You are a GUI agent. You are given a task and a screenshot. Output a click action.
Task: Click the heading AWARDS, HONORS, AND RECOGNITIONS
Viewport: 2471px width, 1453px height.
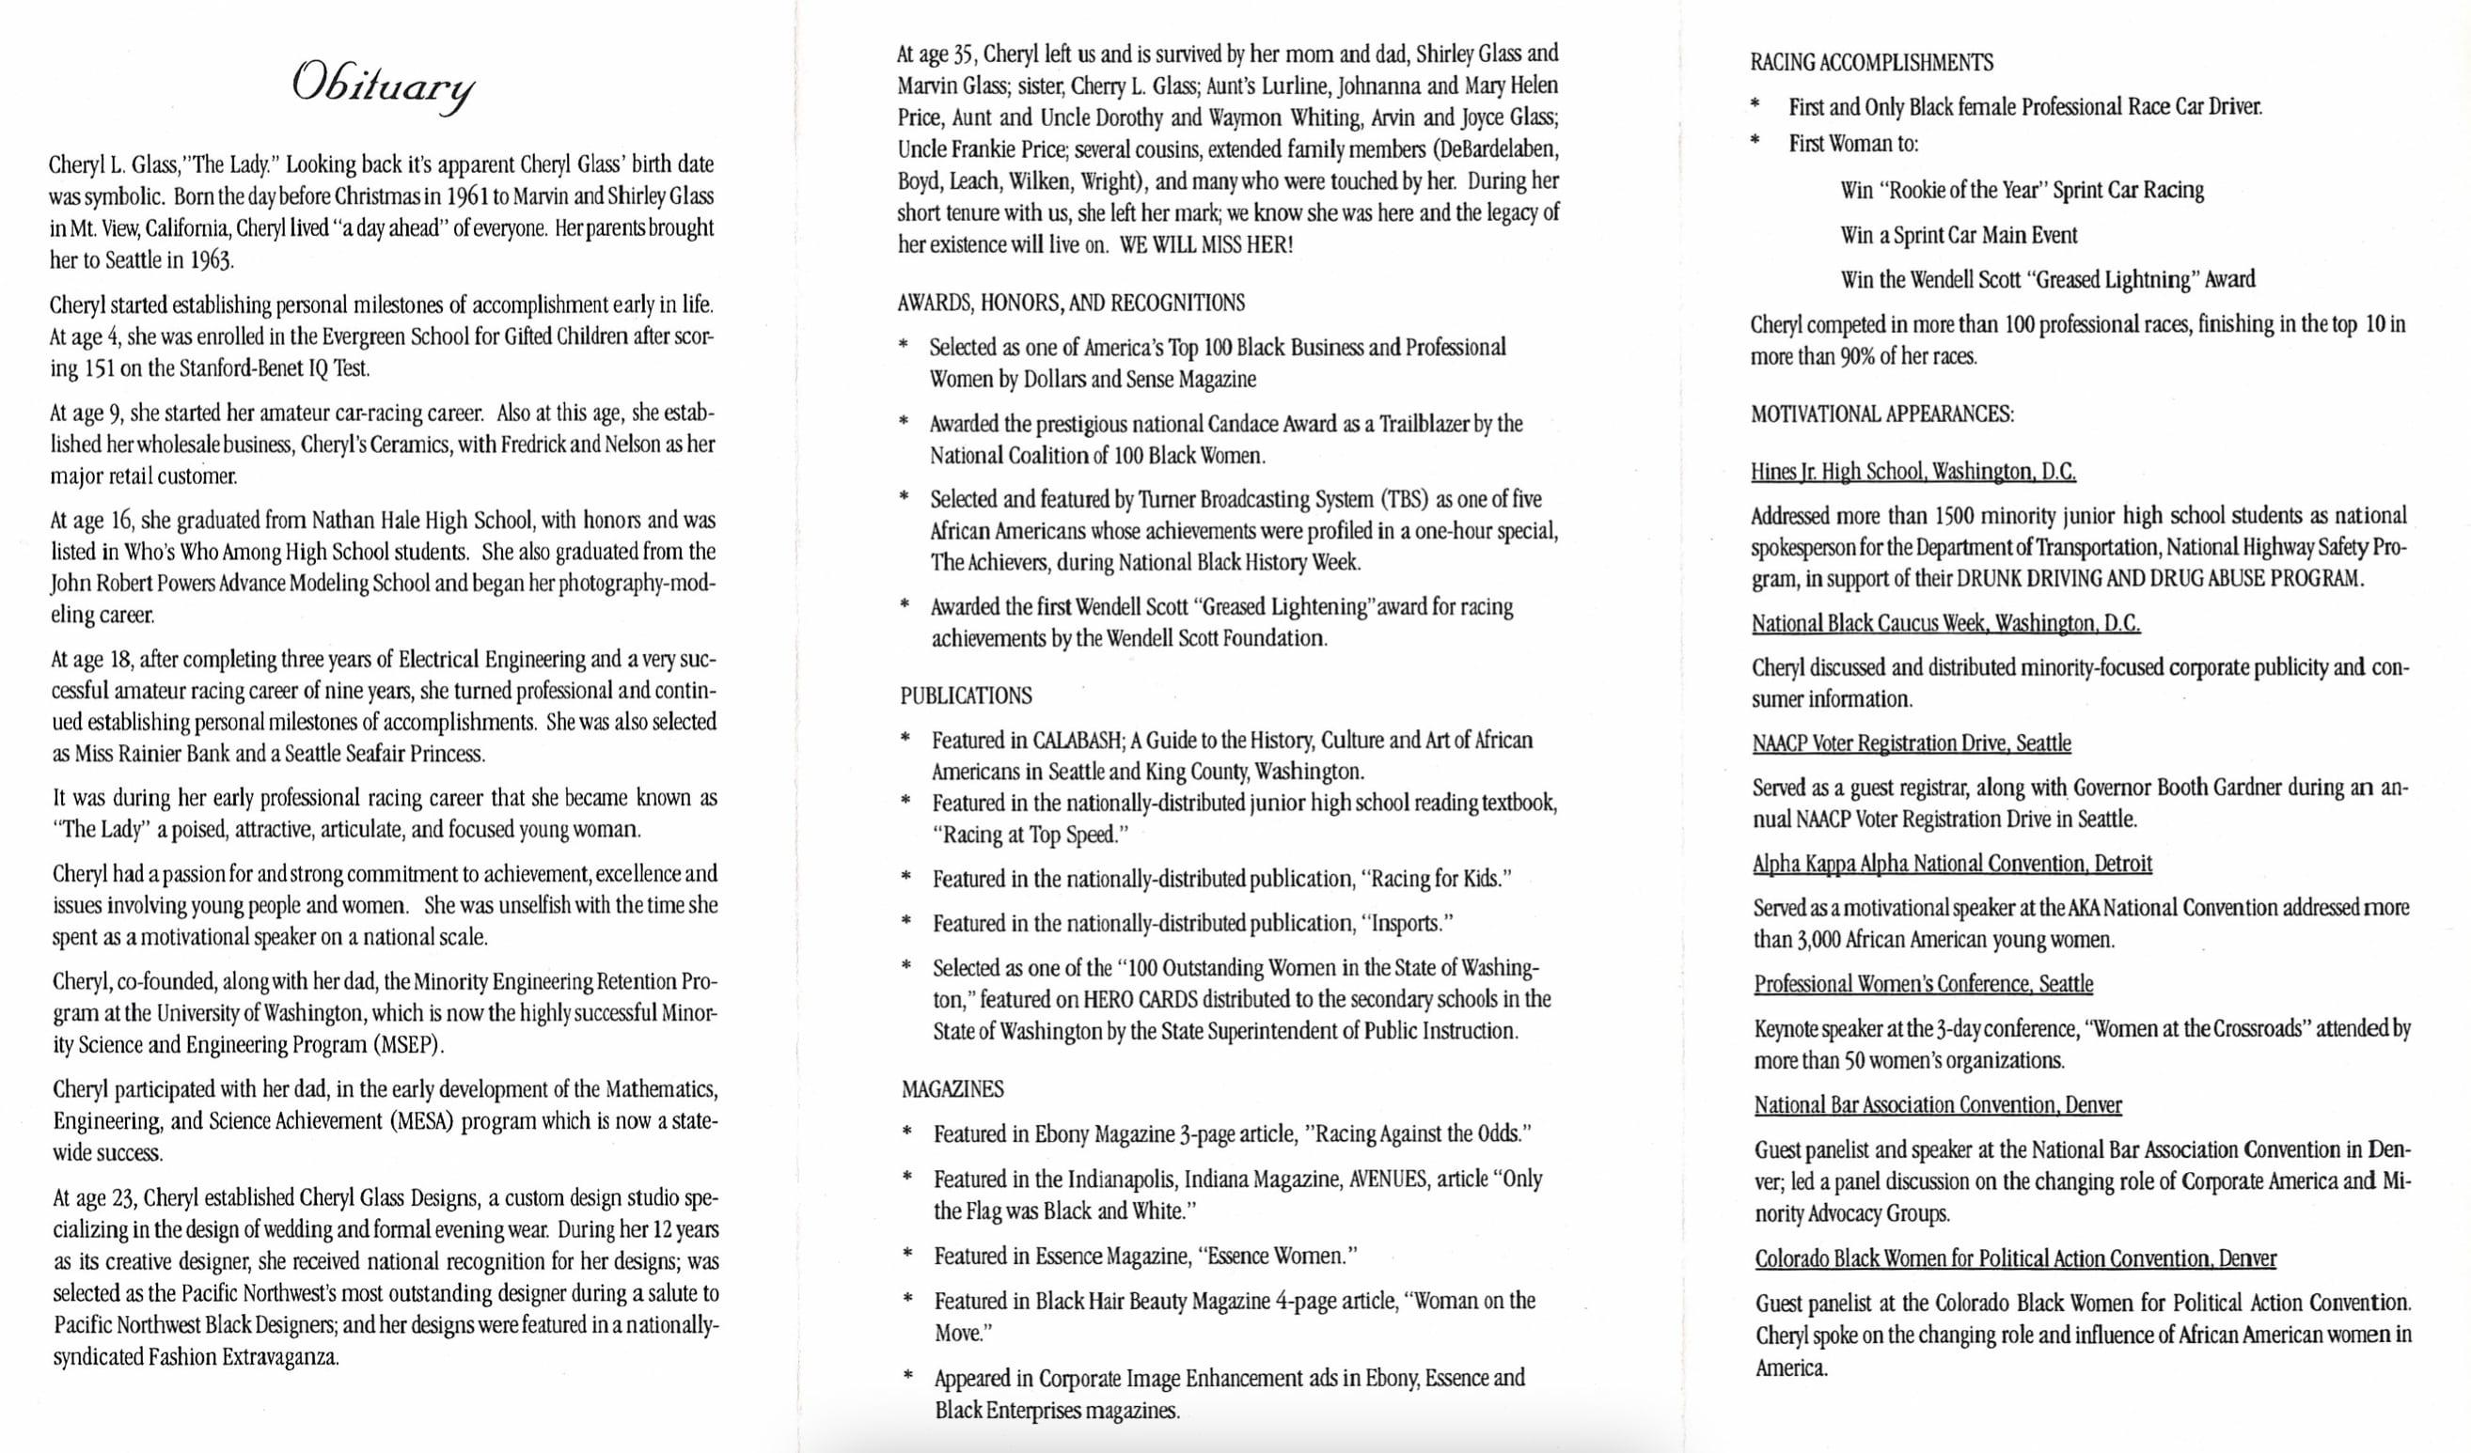(1071, 303)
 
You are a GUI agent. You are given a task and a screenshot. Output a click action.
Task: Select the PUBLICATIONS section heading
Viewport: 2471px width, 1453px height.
(966, 696)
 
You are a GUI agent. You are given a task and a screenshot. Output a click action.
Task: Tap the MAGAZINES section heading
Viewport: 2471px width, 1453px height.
(952, 1089)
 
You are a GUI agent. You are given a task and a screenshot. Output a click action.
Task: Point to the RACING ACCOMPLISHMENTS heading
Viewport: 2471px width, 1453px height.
(1871, 63)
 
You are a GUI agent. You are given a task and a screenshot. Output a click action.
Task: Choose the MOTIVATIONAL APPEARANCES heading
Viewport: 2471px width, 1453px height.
(1881, 414)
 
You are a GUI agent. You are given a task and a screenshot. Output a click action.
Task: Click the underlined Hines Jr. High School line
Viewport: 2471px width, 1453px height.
(1913, 472)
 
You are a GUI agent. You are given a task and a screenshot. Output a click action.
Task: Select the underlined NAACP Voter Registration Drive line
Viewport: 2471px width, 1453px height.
(1912, 744)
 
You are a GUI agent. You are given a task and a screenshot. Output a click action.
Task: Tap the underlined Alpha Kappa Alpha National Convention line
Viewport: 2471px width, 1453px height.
(1951, 864)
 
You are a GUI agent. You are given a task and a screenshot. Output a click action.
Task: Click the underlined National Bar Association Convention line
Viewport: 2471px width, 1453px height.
(1938, 1106)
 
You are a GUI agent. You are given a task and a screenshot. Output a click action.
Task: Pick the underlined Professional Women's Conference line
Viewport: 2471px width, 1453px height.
(1923, 984)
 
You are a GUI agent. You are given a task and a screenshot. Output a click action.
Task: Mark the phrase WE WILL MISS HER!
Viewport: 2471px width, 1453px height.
(1206, 245)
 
